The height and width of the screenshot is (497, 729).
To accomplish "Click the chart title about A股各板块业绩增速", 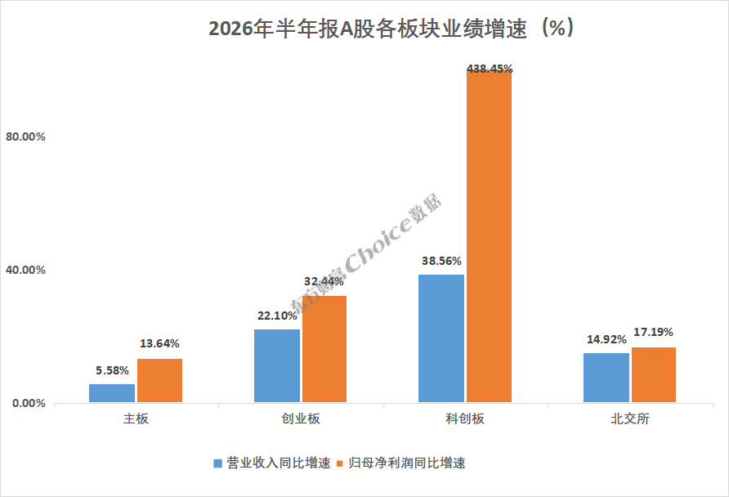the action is coord(391,29).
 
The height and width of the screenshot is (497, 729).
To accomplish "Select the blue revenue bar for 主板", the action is coord(112,393).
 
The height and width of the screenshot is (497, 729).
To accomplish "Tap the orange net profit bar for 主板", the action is coord(160,380).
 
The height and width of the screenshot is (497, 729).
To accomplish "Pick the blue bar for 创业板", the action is coord(277,366).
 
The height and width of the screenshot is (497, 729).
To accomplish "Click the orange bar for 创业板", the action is coord(324,349).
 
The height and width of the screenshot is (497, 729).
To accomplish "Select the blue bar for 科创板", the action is coord(441,338).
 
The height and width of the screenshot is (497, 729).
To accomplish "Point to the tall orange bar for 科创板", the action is coord(489,236).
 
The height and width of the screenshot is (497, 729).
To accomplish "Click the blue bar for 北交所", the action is coord(606,378).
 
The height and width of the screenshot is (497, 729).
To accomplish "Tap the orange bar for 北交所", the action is coord(654,374).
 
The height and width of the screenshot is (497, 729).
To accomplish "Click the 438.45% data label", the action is coord(490,69).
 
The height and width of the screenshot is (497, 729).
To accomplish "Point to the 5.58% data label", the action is coord(112,370).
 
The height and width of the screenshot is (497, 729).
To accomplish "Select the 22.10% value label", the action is coord(277,316).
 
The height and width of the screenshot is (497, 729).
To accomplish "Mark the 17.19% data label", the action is coord(653,332).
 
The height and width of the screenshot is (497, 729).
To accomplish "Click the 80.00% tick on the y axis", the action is coord(25,137).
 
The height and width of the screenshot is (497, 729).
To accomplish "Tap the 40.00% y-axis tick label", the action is coord(25,270).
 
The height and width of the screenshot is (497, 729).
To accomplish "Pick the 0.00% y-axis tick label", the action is coord(29,403).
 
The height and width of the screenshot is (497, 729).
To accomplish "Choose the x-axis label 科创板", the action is coord(465,419).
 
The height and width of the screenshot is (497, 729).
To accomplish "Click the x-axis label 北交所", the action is coord(630,419).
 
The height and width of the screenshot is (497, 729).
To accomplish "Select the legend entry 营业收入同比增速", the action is coord(272,463).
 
